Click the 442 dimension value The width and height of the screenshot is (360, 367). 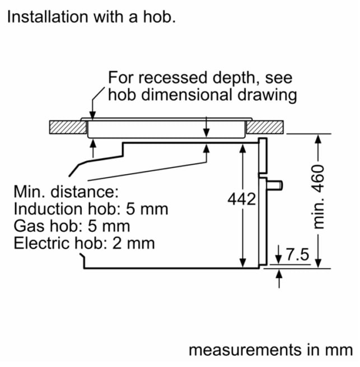pyautogui.click(x=242, y=199)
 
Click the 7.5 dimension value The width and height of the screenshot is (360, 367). pyautogui.click(x=297, y=254)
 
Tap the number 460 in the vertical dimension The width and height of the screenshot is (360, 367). pyautogui.click(x=319, y=176)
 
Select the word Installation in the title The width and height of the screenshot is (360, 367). pyautogui.click(x=48, y=17)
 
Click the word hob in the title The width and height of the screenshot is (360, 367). pyautogui.click(x=160, y=17)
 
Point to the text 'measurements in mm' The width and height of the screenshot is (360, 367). pyautogui.click(x=270, y=350)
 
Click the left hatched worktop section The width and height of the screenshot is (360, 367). pyautogui.click(x=68, y=127)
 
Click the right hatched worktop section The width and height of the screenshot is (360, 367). pyautogui.click(x=265, y=127)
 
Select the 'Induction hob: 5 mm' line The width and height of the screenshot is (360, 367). pyautogui.click(x=91, y=209)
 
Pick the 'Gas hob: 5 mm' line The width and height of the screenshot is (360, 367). pyautogui.click(x=72, y=226)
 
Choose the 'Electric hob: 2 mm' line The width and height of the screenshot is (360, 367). pyautogui.click(x=84, y=243)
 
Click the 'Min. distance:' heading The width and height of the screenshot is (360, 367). pyautogui.click(x=66, y=192)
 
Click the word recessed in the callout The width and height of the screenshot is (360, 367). pyautogui.click(x=172, y=78)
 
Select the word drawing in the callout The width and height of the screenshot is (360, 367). pyautogui.click(x=267, y=95)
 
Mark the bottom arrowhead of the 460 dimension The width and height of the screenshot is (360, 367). pyautogui.click(x=318, y=263)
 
